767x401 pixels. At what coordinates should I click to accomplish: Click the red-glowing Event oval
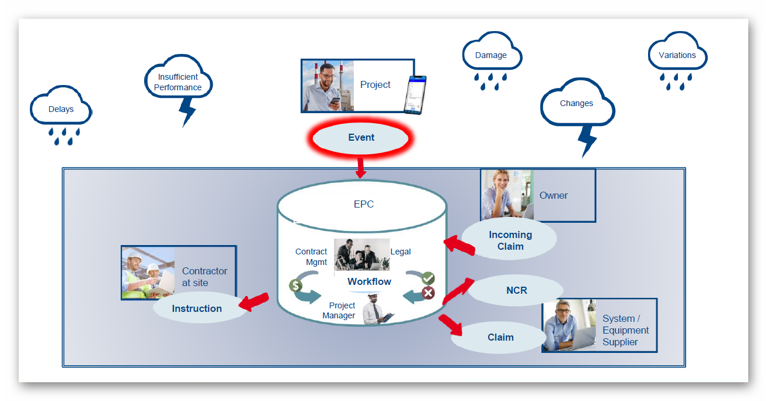pyautogui.click(x=361, y=138)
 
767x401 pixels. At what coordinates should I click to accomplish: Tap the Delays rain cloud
pyautogui.click(x=61, y=109)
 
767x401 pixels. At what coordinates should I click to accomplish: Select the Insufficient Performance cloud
pyautogui.click(x=178, y=82)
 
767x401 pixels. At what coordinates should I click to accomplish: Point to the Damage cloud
pyautogui.click(x=491, y=56)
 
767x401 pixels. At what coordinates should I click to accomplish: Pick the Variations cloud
pyautogui.click(x=677, y=56)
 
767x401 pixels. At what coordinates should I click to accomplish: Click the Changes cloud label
pyautogui.click(x=577, y=104)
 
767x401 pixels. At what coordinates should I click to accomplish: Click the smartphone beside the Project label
pyautogui.click(x=415, y=93)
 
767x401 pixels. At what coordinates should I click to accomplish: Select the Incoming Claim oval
pyautogui.click(x=510, y=240)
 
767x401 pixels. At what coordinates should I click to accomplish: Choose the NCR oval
pyautogui.click(x=517, y=290)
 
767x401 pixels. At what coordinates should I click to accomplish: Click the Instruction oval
pyautogui.click(x=197, y=308)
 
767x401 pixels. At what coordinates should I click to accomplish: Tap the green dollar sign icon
pyautogui.click(x=295, y=286)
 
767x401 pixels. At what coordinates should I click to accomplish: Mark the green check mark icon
pyautogui.click(x=428, y=278)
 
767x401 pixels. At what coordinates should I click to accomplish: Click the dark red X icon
pyautogui.click(x=428, y=293)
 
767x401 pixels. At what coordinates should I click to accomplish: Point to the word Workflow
pyautogui.click(x=369, y=281)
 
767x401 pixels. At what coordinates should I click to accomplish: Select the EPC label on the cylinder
pyautogui.click(x=363, y=205)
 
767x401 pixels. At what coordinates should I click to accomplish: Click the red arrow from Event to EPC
pyautogui.click(x=360, y=167)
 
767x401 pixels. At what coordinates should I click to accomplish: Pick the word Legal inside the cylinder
pyautogui.click(x=401, y=252)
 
